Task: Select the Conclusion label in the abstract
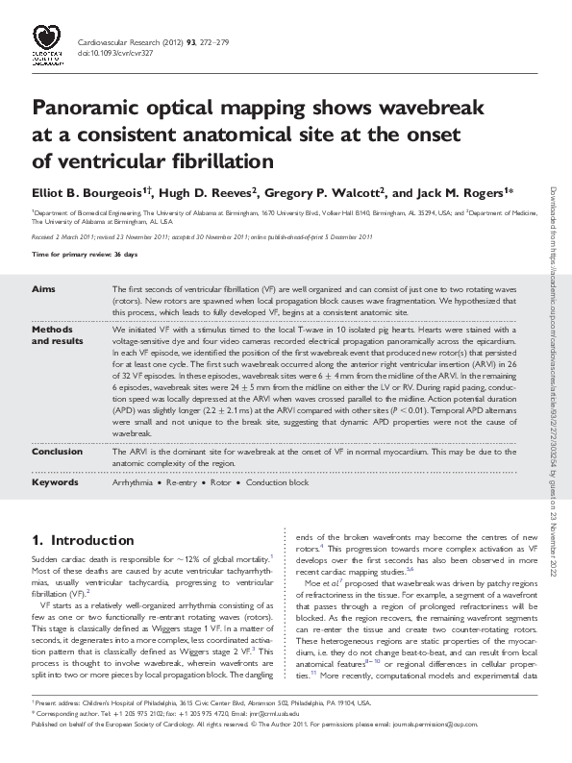click(58, 451)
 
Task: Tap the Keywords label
click(55, 482)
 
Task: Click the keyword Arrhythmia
click(133, 482)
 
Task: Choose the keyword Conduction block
click(278, 482)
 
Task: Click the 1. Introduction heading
click(83, 541)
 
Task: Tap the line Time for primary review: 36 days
click(85, 254)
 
